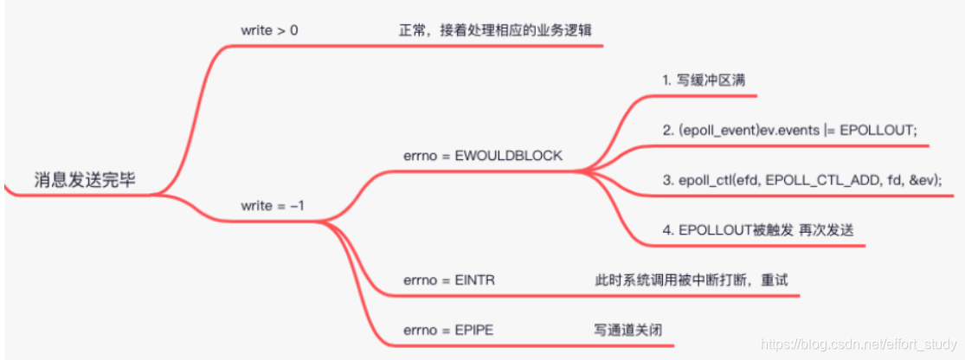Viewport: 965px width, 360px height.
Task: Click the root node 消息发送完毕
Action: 85,179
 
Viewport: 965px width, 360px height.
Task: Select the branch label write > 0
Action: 270,30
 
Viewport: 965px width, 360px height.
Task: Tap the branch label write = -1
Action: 272,206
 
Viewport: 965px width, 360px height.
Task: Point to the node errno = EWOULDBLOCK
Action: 482,156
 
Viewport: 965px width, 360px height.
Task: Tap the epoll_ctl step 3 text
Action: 801,179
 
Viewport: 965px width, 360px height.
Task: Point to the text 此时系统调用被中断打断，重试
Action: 691,280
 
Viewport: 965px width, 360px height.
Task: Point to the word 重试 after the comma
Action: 774,280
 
